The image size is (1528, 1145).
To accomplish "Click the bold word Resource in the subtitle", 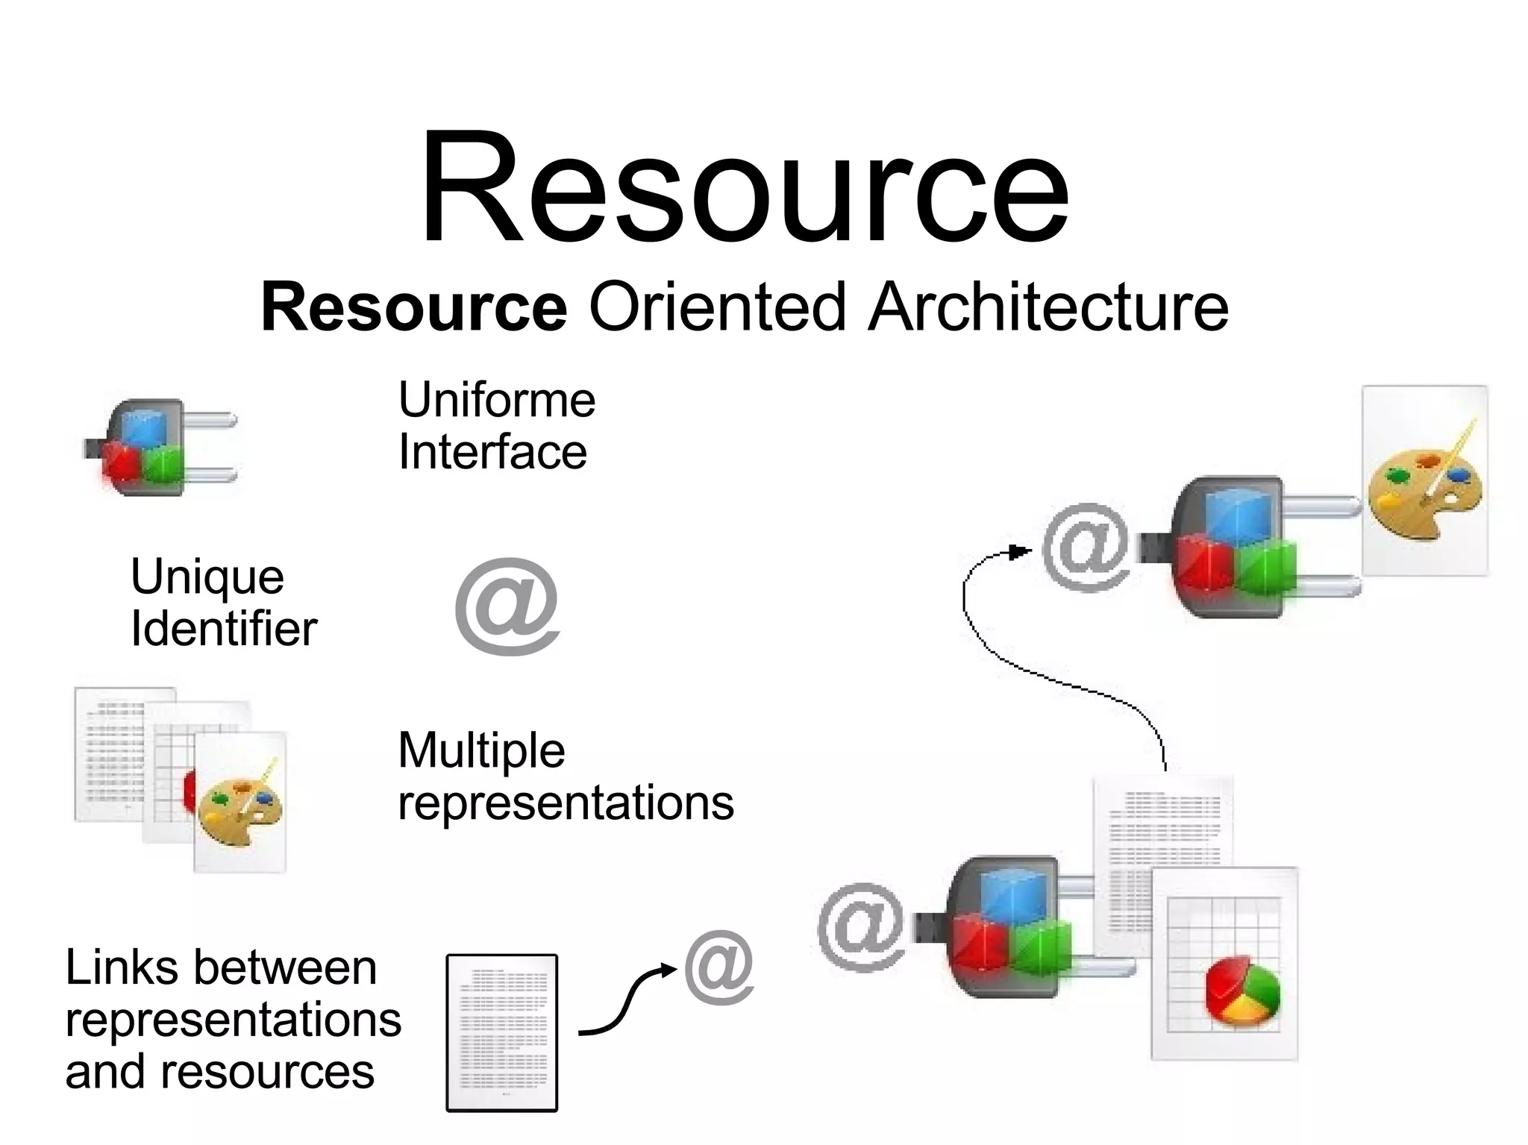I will [414, 307].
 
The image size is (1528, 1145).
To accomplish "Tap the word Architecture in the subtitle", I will [1048, 307].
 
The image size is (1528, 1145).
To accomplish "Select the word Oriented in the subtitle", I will [717, 307].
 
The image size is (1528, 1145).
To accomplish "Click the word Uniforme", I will [497, 400].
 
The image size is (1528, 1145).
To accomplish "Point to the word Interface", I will [492, 452].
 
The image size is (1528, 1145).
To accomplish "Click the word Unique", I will [207, 577].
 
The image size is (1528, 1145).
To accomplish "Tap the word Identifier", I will [224, 629].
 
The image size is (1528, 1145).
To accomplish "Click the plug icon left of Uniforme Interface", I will [160, 448].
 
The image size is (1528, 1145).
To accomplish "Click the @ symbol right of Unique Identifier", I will [507, 606].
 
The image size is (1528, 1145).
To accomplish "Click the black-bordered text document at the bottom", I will [501, 1032].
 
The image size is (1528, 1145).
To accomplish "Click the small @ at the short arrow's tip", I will [718, 967].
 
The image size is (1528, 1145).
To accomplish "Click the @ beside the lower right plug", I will [862, 926].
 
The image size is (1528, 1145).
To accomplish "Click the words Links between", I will [221, 967].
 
